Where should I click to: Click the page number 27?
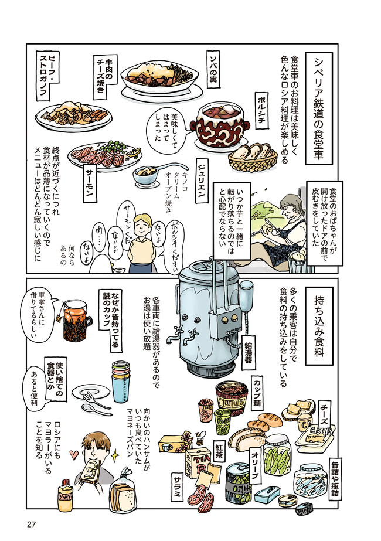(x=31, y=525)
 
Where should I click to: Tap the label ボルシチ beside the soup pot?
(x=261, y=110)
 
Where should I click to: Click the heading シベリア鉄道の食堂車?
(x=319, y=108)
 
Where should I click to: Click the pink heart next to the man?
(x=74, y=454)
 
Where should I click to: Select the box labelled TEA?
(x=197, y=462)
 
